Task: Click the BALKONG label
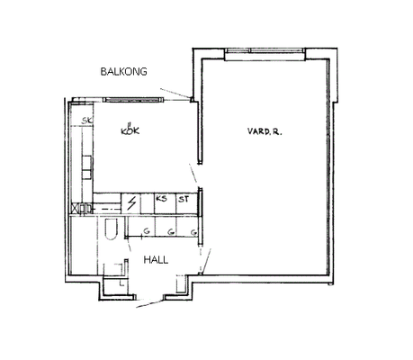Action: click(123, 71)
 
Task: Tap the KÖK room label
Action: click(130, 130)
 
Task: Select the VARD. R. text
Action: click(265, 131)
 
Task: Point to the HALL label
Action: click(156, 260)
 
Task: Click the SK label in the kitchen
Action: click(87, 121)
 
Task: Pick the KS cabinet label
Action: click(161, 199)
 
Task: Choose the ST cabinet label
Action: click(184, 199)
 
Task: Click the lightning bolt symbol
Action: click(131, 203)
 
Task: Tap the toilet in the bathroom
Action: click(111, 229)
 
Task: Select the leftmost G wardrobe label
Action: click(147, 231)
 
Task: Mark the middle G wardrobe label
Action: click(171, 232)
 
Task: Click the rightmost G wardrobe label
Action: click(194, 232)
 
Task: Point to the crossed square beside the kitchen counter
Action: click(76, 208)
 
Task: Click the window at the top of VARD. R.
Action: click(265, 50)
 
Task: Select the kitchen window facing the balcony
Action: click(133, 100)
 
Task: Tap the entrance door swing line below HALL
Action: click(149, 303)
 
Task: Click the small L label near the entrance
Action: click(121, 283)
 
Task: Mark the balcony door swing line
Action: click(175, 94)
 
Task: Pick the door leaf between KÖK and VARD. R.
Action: click(193, 174)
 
